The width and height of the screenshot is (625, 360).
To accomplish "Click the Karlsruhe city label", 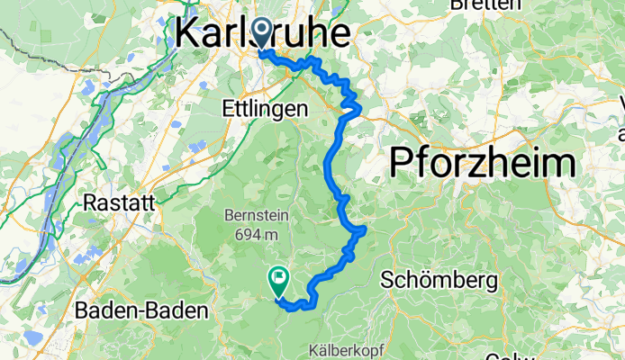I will pos(262,33).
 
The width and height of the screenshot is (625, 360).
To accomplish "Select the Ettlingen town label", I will pos(264,108).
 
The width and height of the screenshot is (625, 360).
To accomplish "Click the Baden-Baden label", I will pos(141,311).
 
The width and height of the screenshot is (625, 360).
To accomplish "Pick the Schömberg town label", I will pos(439,281).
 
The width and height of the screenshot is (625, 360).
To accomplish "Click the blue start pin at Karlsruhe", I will pos(262,34).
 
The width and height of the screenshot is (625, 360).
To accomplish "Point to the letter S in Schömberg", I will pos(387,281).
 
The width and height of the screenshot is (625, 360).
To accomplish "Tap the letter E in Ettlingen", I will pos(226,108).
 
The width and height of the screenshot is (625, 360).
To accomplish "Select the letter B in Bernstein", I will pos(226,216).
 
